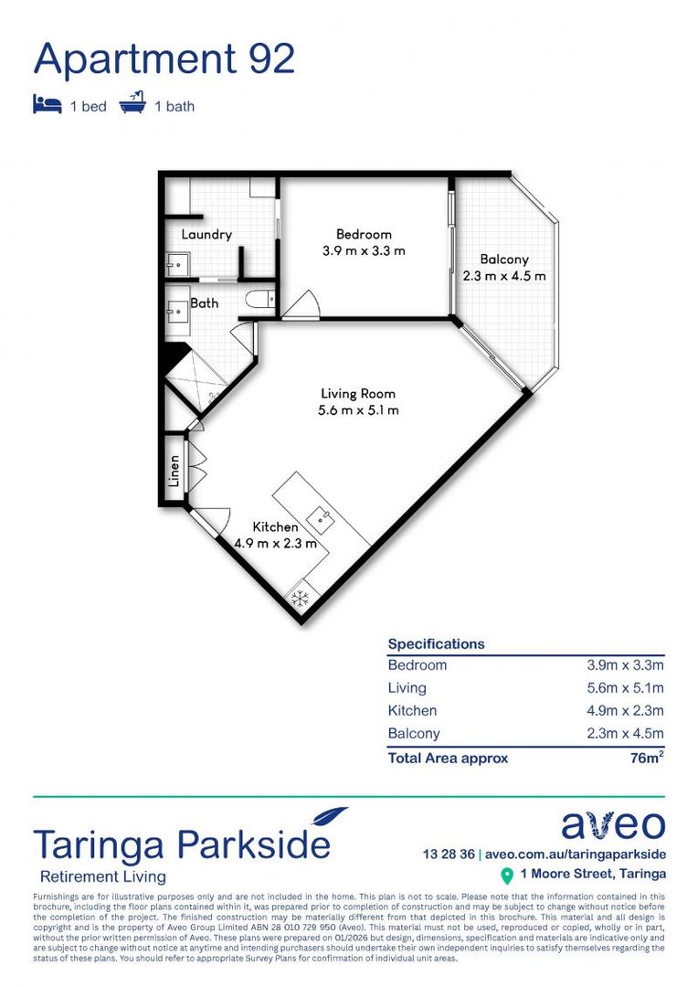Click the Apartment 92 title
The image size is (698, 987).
coord(164,60)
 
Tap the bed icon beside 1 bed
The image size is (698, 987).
coord(47,105)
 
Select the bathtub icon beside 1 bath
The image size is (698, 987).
coord(132,103)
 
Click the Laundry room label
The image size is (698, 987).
coord(206,235)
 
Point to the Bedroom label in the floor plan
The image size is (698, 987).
coord(363,235)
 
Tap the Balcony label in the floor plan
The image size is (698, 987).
coord(504,260)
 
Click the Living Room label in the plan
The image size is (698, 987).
coord(358,394)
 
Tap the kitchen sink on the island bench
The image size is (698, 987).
coord(323,520)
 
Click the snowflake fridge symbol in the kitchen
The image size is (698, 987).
coord(297,598)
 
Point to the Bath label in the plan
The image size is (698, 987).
coord(205,302)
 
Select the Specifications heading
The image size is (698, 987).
coord(436,644)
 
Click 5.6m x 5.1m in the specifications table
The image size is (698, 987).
coord(625,688)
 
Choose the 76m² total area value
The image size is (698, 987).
coord(644,758)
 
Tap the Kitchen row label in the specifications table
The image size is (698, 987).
coord(412,710)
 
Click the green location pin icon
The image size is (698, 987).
coord(507,876)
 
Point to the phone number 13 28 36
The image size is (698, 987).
coord(449,854)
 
